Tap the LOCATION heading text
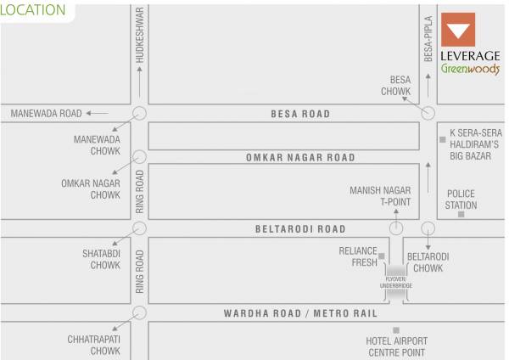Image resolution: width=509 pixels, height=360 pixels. pos(33,10)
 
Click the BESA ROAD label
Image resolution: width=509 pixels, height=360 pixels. pos(299,113)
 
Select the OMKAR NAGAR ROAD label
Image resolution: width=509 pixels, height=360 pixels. pos(300,157)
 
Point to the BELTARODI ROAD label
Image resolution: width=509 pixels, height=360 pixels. pos(300,228)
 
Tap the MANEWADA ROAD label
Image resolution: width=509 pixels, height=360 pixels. pos(46,113)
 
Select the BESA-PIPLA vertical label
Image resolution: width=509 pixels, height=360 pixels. pos(428,40)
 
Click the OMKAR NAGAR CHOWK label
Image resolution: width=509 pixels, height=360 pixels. pos(91,188)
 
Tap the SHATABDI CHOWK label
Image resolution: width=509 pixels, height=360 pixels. pos(105,259)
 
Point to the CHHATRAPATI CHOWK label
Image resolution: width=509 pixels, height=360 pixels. pos(94,345)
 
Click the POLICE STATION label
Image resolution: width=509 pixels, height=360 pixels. pos(461,199)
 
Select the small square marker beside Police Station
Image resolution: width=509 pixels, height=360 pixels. pos(461,214)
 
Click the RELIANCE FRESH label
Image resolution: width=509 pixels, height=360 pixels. pos(357,256)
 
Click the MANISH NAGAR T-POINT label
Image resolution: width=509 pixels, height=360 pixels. pos(380,195)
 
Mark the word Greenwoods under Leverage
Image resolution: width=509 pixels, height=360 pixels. pos(469,70)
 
